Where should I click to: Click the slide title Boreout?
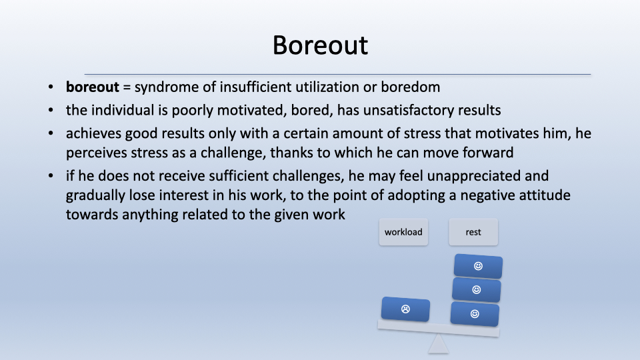pos(320,45)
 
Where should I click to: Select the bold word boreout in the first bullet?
pos(92,87)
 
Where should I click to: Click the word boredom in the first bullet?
pos(410,87)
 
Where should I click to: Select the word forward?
pos(488,153)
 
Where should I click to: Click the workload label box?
pos(403,232)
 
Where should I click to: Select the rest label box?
pos(473,232)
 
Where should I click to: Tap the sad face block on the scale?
pos(405,309)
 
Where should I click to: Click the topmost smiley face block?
pos(478,266)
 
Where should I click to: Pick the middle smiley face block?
pos(476,290)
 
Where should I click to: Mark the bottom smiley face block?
pos(475,314)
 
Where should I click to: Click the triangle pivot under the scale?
pos(439,344)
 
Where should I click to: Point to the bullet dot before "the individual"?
pos(51,110)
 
